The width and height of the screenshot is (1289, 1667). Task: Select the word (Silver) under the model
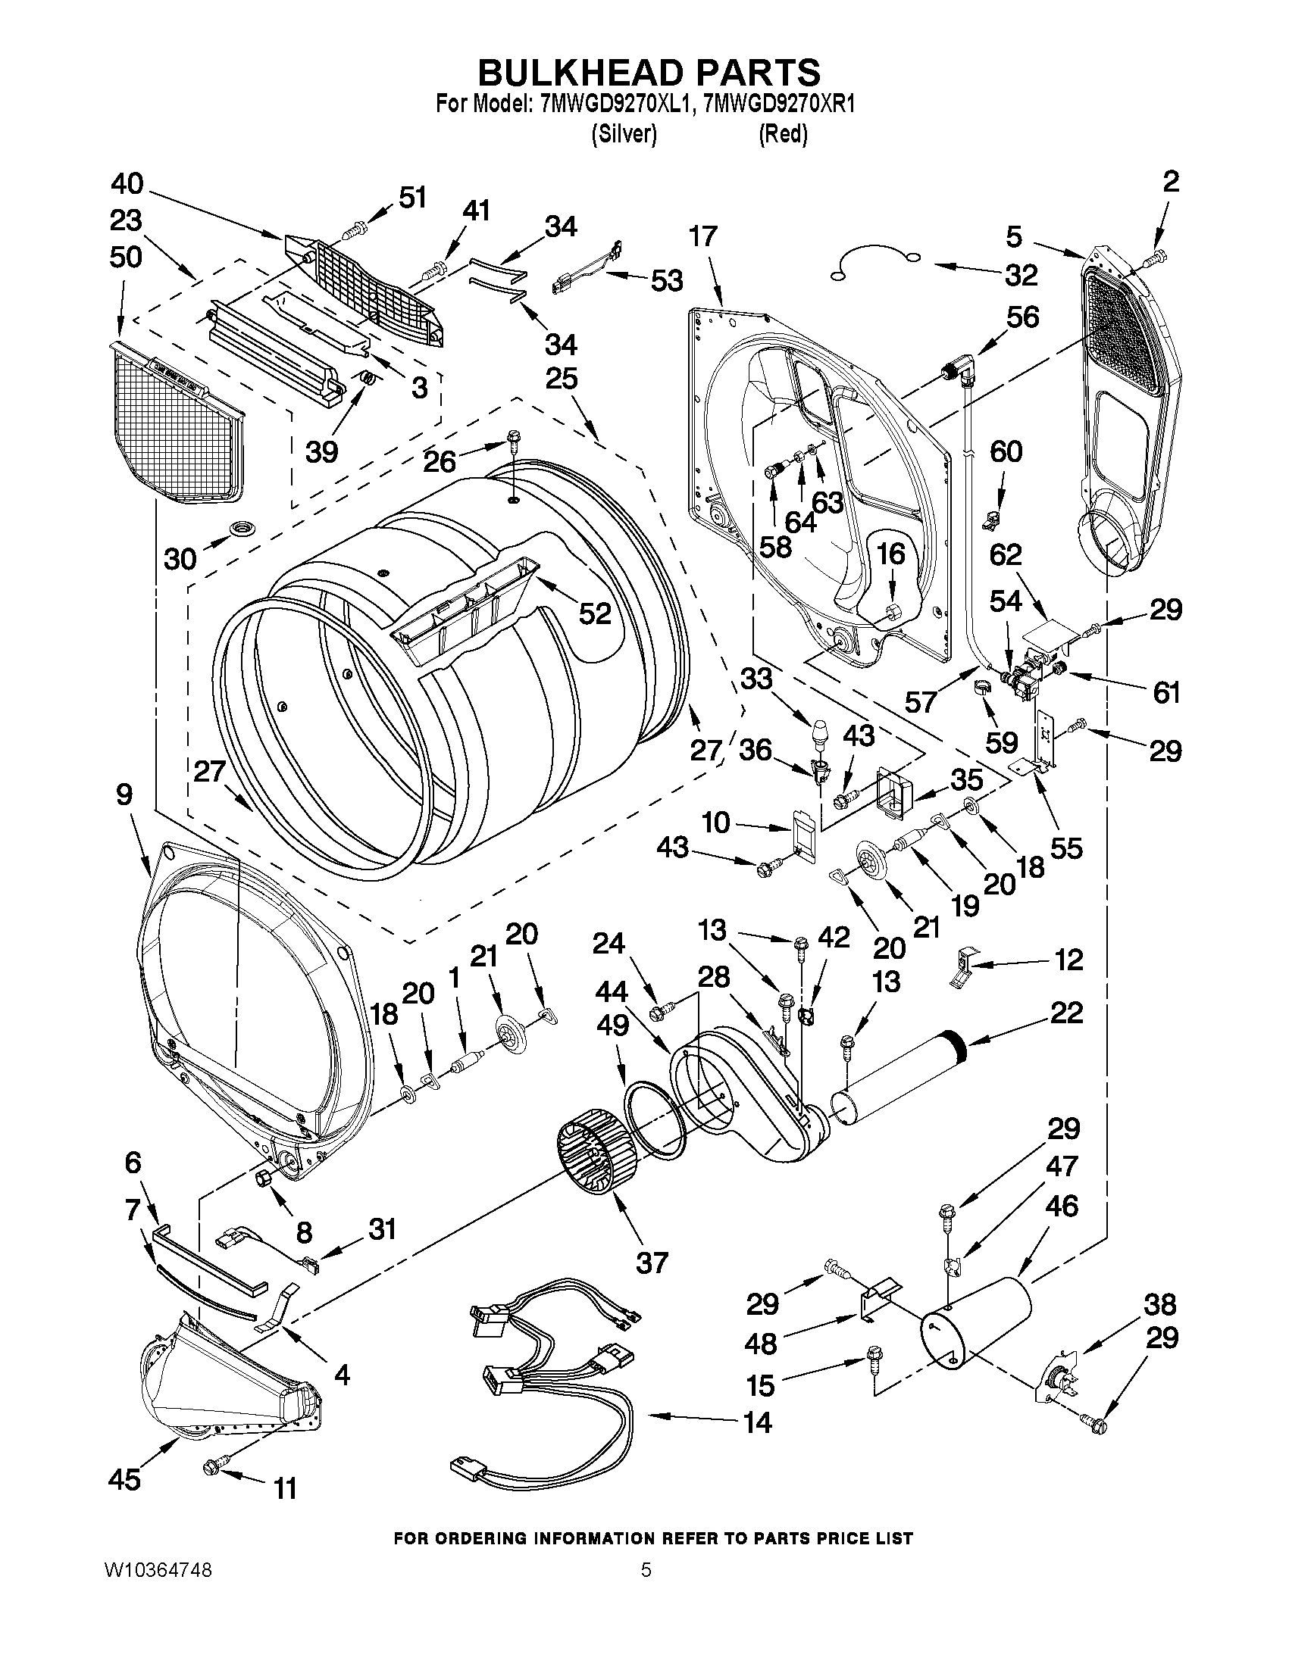pos(624,134)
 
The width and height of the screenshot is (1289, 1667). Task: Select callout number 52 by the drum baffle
pos(595,613)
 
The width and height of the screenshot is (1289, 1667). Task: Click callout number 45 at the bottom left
pos(124,1479)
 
